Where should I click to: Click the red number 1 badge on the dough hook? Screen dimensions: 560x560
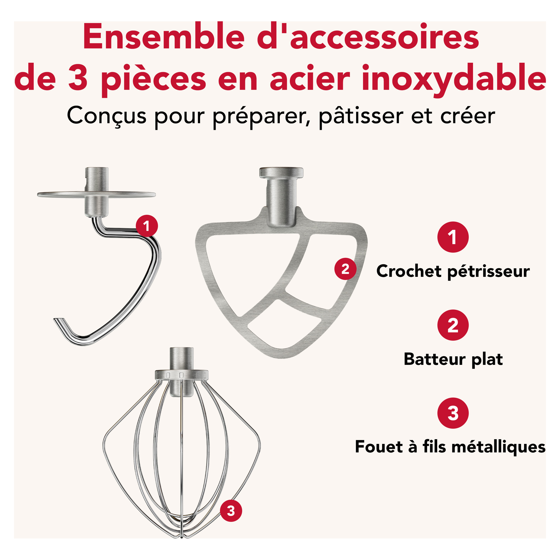pos(147,226)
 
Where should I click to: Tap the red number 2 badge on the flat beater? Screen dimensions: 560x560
pos(345,269)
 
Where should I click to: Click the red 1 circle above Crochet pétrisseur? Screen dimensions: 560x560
pos(453,237)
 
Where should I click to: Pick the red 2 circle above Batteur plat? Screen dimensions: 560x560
pos(453,325)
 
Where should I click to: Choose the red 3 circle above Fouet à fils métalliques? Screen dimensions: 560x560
pos(453,413)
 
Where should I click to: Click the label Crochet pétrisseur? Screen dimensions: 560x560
pos(453,272)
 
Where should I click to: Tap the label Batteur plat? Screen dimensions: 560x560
pos(453,359)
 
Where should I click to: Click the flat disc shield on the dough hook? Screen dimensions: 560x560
pos(96,195)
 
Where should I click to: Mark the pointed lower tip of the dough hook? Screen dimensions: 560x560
pos(55,319)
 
